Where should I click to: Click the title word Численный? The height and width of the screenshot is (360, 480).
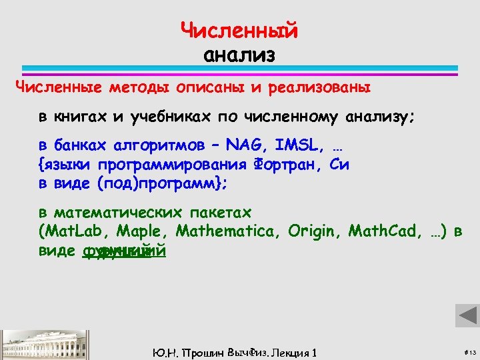239,31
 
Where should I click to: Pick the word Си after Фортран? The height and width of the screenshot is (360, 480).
340,164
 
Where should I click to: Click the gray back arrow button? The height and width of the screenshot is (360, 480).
467,315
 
